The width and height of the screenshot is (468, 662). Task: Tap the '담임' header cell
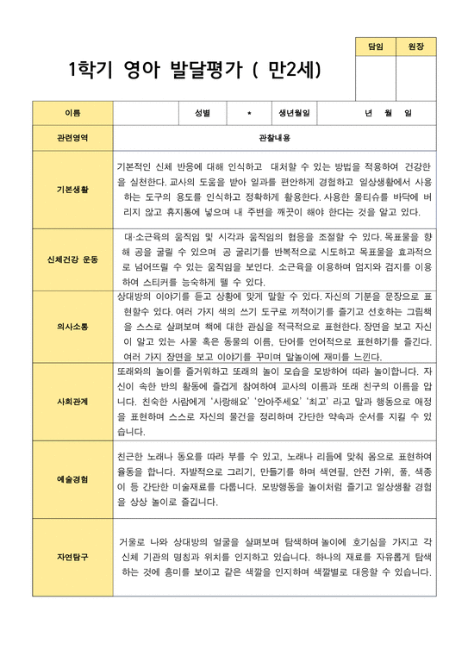point(375,47)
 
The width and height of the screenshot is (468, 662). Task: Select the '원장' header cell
point(415,47)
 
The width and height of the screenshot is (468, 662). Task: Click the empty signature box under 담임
point(375,78)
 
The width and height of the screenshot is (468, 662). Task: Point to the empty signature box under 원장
point(415,78)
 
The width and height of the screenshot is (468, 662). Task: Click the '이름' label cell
point(72,113)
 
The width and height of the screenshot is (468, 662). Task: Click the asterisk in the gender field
point(248,113)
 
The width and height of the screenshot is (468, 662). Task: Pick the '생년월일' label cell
point(294,113)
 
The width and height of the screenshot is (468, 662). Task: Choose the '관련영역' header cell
point(72,137)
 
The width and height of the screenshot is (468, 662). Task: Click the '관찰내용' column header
point(274,137)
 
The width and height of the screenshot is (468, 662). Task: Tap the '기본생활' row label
point(72,188)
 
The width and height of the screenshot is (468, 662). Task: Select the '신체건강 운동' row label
point(72,259)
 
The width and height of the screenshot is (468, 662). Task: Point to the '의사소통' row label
point(72,327)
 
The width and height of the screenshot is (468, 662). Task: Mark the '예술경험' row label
point(72,479)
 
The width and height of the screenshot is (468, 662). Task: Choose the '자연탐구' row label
point(72,557)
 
